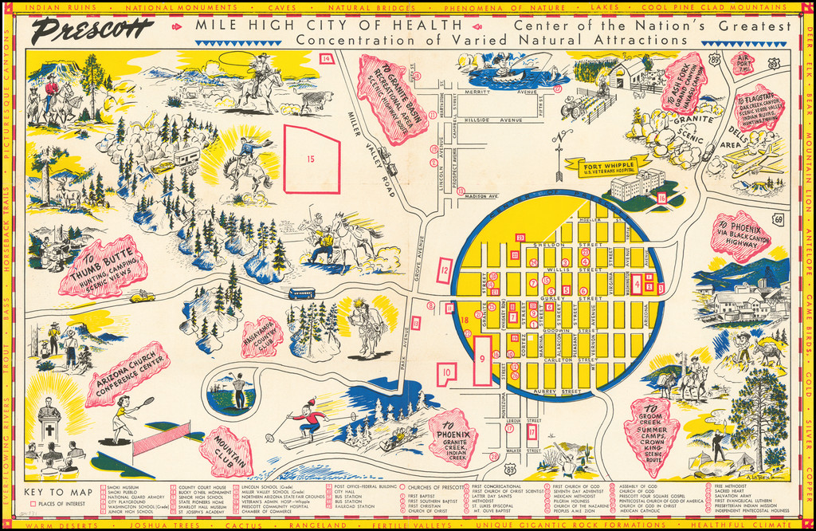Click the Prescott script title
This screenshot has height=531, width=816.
click(92, 32)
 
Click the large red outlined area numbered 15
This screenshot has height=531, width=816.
click(312, 159)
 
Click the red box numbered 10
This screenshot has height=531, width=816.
click(447, 372)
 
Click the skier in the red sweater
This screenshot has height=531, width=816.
click(307, 422)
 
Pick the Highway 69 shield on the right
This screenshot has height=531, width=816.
click(778, 219)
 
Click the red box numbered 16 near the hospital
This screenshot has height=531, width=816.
click(661, 198)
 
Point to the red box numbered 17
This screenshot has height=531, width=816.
click(532, 431)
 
